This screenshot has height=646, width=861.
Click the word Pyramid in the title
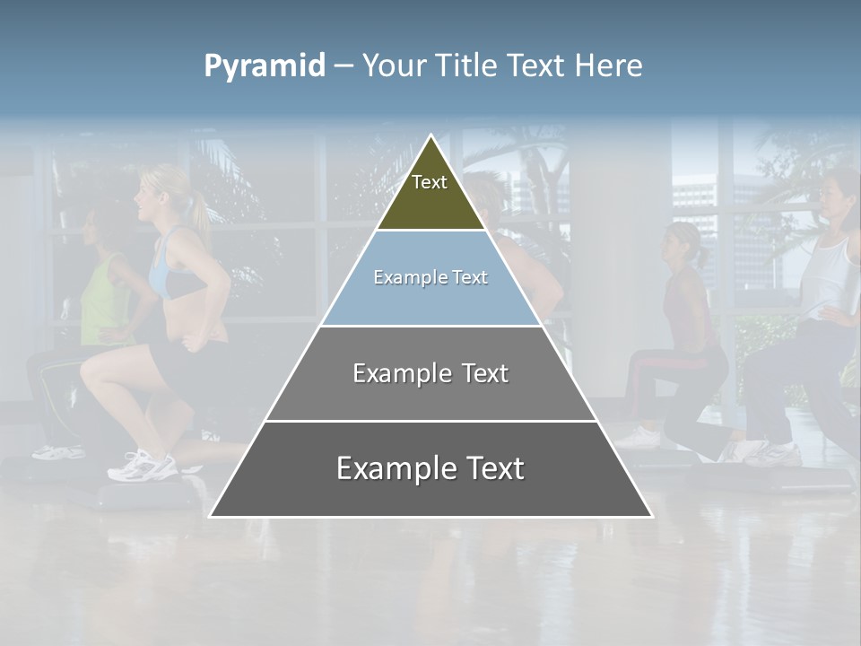click(265, 66)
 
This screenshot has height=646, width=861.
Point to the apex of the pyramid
click(430, 136)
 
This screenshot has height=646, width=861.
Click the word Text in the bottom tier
click(492, 469)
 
